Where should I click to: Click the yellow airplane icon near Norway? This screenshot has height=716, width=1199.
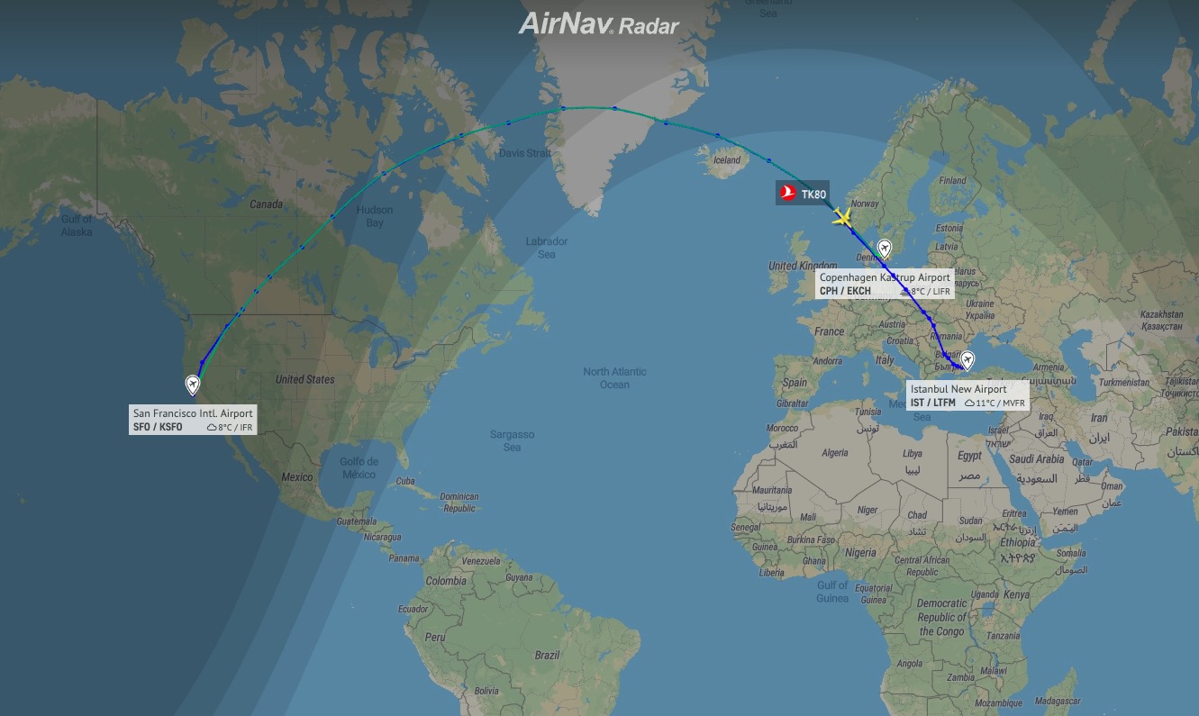[x=842, y=216]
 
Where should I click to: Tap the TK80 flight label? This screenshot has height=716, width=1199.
[x=813, y=193]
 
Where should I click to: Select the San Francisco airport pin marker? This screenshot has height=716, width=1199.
[x=192, y=385]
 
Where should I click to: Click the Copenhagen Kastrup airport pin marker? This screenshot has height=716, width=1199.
[x=885, y=249]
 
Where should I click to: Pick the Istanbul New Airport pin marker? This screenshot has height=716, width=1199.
[x=967, y=360]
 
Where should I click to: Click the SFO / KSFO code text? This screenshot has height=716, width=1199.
[x=156, y=427]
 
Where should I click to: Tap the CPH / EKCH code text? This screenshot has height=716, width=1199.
[x=845, y=291]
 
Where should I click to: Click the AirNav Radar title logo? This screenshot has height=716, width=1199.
[x=598, y=24]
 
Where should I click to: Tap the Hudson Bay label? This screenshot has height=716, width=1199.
[x=375, y=216]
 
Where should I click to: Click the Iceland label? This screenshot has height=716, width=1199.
[x=726, y=161]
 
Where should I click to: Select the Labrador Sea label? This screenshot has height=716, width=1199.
[x=547, y=248]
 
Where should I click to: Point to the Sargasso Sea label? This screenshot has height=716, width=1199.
[x=512, y=440]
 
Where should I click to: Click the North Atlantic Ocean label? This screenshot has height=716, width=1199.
[x=615, y=378]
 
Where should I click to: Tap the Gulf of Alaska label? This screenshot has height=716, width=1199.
[x=77, y=225]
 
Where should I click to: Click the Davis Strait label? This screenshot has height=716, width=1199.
[x=524, y=153]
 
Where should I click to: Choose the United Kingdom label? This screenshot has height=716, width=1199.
[x=802, y=266]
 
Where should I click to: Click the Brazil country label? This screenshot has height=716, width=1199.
[x=547, y=656]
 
